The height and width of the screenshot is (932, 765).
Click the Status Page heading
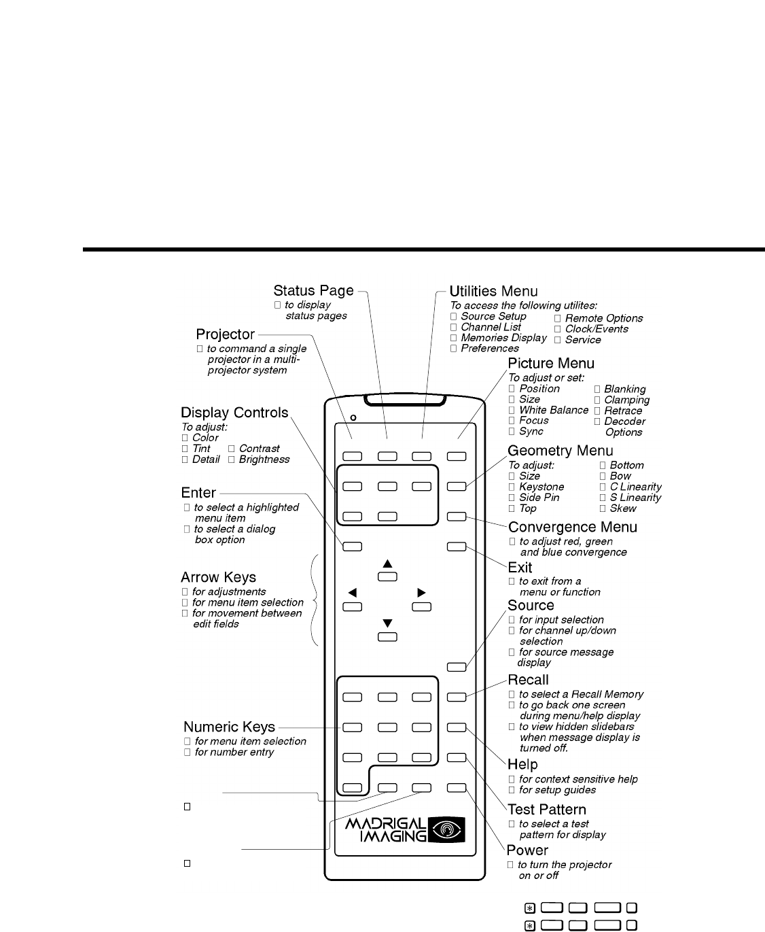click(x=313, y=291)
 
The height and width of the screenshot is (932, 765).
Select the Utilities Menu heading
click(x=494, y=292)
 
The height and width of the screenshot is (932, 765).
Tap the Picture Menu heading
click(x=551, y=364)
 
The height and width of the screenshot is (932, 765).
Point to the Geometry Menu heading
click(x=561, y=451)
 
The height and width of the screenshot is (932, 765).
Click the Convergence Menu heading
click(x=573, y=528)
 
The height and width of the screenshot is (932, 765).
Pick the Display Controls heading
click(x=234, y=413)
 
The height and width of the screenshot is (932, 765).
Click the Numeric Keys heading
click(x=229, y=727)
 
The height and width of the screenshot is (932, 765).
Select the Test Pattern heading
click(x=547, y=810)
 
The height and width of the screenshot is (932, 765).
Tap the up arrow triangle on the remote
click(x=387, y=564)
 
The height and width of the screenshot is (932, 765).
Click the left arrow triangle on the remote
click(x=352, y=593)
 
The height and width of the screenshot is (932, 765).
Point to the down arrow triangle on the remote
click(x=387, y=623)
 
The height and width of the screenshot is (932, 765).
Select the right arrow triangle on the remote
click(x=422, y=593)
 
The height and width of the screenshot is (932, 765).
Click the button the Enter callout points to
click(x=352, y=545)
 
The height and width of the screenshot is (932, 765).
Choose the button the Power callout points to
click(x=457, y=788)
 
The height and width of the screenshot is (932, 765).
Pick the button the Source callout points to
click(x=457, y=667)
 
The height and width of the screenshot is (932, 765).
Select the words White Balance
click(x=554, y=410)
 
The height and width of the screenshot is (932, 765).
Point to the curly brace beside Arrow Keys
click(x=315, y=600)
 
